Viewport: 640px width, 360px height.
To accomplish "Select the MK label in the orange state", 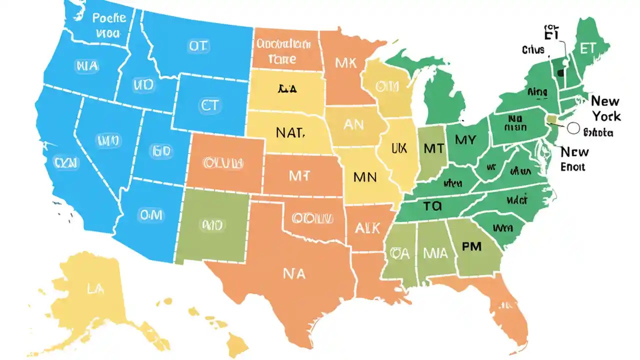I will [346, 63].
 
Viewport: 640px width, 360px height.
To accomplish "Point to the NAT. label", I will [289, 133].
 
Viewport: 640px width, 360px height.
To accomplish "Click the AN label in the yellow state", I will [353, 124].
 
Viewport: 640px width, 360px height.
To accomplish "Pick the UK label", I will [399, 148].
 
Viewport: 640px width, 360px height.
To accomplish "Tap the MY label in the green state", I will [465, 140].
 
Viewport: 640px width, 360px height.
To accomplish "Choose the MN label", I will [364, 176].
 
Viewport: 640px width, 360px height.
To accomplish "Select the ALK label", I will [367, 228].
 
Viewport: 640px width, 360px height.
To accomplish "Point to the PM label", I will [471, 247].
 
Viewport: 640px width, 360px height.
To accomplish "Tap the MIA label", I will [435, 253].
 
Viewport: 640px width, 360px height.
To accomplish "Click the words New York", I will [605, 108].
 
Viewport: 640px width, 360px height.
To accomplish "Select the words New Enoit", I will [574, 159].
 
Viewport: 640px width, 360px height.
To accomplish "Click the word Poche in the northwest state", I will [109, 18].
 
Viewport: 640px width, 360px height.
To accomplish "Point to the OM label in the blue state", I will [150, 214].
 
